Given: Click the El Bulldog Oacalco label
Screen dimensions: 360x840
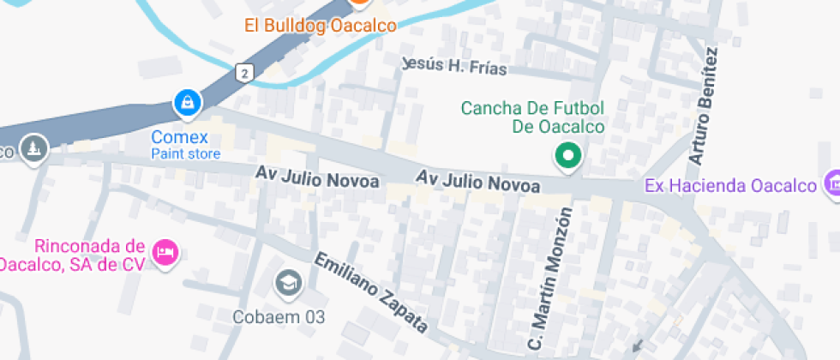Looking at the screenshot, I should tap(320, 26).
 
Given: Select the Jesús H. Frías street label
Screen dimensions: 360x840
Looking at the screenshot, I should tap(454, 67).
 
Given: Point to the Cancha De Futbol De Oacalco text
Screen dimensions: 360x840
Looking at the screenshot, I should tap(533, 117).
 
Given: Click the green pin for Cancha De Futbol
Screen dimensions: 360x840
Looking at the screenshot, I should tap(567, 155).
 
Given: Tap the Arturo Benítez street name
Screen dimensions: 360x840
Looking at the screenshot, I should tap(703, 106).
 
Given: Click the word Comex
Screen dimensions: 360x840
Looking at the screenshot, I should tap(180, 137).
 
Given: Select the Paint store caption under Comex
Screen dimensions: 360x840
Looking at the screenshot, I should tap(186, 154).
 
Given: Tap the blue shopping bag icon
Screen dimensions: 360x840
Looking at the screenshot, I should tap(186, 104).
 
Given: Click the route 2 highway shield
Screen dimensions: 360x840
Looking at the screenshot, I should tap(246, 73).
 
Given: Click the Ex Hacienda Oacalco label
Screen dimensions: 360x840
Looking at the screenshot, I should tap(729, 185).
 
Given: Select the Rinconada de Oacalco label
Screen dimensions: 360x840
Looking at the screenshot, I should tap(77, 255).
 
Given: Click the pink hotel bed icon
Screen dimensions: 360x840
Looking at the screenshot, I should tap(164, 252).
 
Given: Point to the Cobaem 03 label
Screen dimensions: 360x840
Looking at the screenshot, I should tap(279, 316).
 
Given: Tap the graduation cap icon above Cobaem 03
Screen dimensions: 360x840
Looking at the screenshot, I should tap(287, 281).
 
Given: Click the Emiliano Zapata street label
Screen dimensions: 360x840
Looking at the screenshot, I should tap(371, 292).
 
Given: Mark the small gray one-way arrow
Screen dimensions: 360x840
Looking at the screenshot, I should tap(637, 345).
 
